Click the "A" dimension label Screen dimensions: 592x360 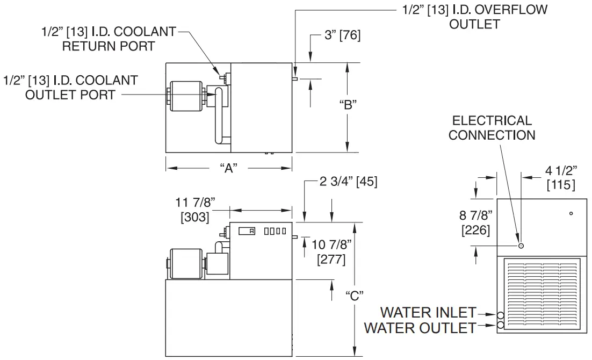229,168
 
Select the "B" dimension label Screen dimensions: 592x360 348,105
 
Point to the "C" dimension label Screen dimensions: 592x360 355,295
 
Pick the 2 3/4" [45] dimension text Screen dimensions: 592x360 349,182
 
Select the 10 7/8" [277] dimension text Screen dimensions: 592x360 331,253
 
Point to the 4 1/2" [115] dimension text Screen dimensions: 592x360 560,178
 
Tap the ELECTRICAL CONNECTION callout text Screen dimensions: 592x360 492,128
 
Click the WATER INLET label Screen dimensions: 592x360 428,312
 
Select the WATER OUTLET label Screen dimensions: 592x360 420,327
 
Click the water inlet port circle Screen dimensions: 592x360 501,315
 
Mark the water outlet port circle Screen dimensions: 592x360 501,325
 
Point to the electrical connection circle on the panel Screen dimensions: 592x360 521,246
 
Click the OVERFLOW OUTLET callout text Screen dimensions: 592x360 474,17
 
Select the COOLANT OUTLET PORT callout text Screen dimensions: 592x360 70,88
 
